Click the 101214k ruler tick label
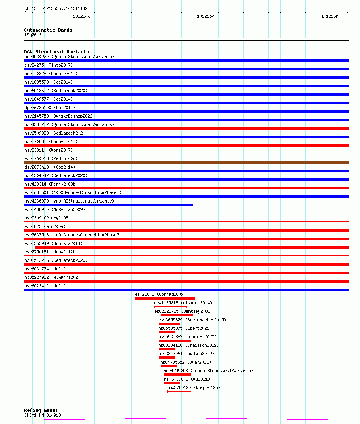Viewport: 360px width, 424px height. coord(81,16)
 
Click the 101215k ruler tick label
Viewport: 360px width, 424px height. coord(205,16)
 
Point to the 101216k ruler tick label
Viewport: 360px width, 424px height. coord(329,16)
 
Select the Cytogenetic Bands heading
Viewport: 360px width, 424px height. coord(48,30)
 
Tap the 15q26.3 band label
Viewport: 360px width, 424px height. coord(33,35)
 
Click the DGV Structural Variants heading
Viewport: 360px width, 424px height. coord(56,52)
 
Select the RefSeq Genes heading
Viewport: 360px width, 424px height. coord(41,410)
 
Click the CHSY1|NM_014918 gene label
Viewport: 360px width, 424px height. coord(42,415)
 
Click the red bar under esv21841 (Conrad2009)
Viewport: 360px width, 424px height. coord(165,298)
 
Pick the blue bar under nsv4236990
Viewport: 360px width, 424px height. coord(108,205)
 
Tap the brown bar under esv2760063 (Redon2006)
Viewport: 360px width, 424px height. coord(186,162)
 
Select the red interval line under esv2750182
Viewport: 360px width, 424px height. coord(179,392)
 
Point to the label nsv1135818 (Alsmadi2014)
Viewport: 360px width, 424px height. coord(183,303)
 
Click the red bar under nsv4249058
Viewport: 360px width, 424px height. coord(177,375)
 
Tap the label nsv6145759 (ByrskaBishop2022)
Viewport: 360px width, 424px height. coord(59,116)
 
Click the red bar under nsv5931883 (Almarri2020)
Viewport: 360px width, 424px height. coord(174,341)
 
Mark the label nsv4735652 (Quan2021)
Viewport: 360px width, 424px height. coord(186,362)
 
